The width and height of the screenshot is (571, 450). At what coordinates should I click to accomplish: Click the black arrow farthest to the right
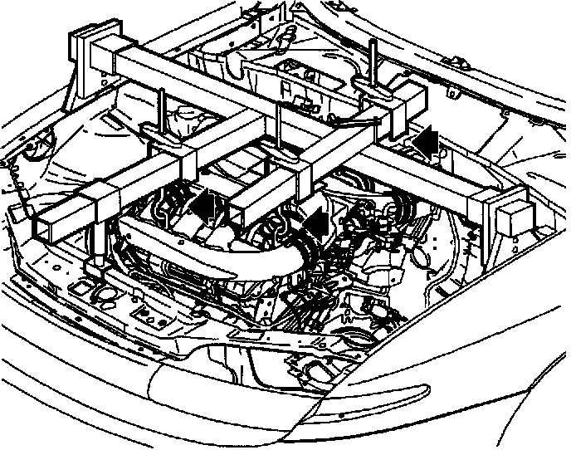pyautogui.click(x=425, y=140)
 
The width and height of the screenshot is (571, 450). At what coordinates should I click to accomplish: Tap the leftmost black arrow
pyautogui.click(x=209, y=204)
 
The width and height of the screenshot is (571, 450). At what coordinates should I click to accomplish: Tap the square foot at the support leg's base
pyautogui.click(x=94, y=267)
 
